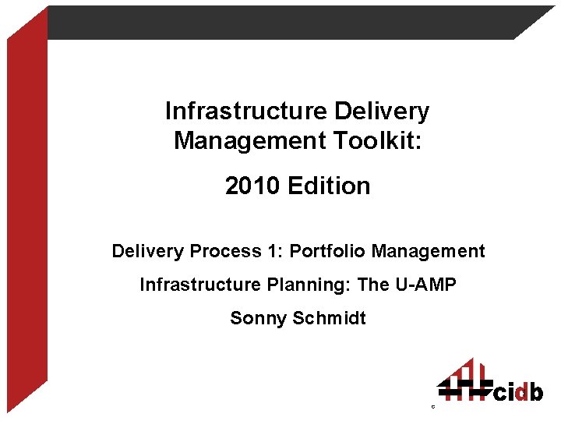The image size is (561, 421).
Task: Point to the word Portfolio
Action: click(x=328, y=251)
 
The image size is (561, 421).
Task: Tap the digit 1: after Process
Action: click(x=276, y=251)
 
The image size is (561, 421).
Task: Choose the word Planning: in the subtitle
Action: click(x=309, y=285)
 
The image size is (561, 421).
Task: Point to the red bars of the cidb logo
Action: click(x=466, y=375)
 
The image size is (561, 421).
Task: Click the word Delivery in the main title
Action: click(x=381, y=111)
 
